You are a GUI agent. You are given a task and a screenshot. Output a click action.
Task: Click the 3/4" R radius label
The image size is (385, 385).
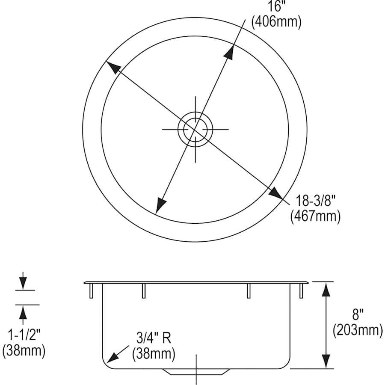(154, 339)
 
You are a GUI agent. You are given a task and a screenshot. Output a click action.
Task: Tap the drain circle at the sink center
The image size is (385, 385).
(195, 128)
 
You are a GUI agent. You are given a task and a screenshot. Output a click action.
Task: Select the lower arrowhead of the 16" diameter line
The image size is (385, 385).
(160, 205)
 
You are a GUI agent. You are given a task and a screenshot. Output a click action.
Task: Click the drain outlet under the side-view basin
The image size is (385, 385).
(195, 372)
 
